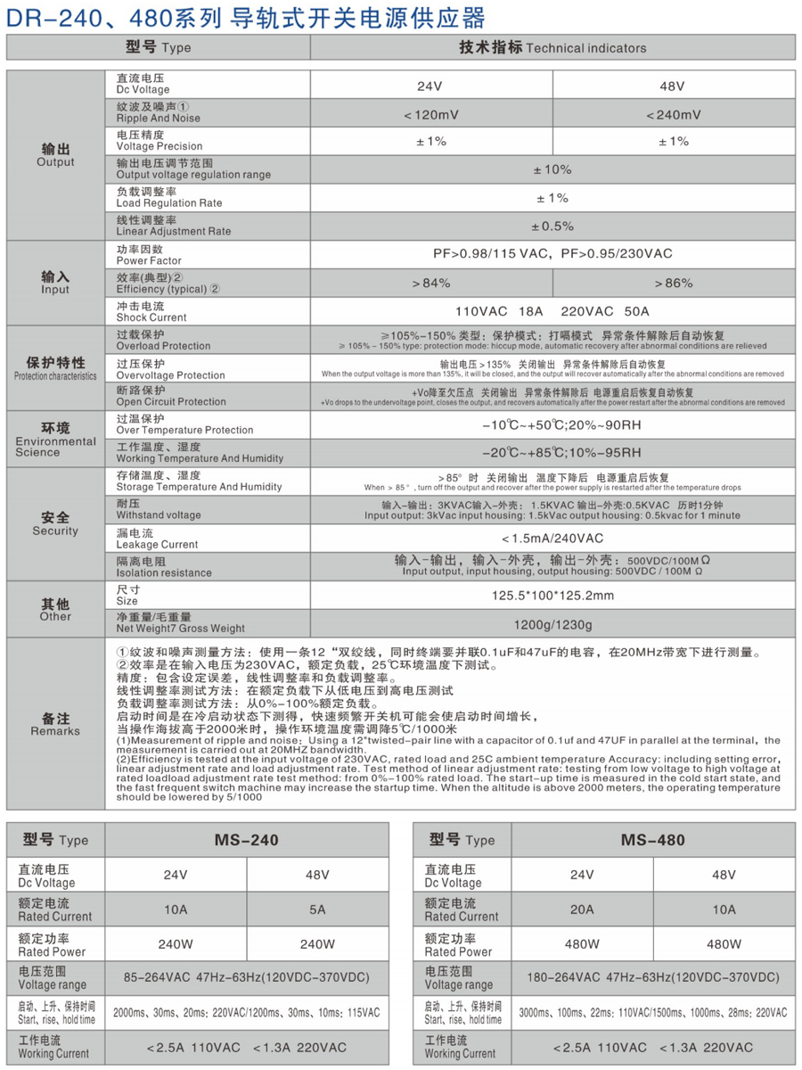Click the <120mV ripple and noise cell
tap(431, 114)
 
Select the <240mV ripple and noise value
tap(673, 114)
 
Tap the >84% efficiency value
tap(431, 284)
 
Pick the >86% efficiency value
tap(673, 284)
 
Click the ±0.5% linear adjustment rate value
tap(552, 226)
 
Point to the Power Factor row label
tap(149, 255)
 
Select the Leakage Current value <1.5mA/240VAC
tap(552, 538)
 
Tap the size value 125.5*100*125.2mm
tap(552, 595)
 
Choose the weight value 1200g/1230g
tap(552, 623)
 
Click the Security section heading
tap(55, 524)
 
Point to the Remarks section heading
tap(55, 724)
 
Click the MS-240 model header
tap(247, 840)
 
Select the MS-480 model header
tap(653, 840)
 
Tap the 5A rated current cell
tap(317, 909)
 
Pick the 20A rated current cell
tap(582, 909)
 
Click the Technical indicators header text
tap(552, 47)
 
